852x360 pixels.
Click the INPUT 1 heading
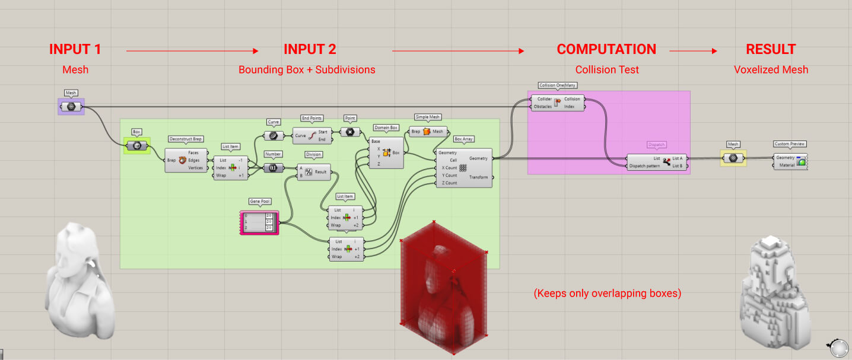(75, 49)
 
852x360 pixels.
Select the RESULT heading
(771, 49)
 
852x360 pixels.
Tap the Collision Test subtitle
(608, 70)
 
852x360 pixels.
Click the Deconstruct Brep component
(186, 160)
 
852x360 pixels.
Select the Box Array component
(465, 168)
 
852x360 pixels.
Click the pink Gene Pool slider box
(259, 222)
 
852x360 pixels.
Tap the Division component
(313, 172)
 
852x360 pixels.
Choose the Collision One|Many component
(558, 103)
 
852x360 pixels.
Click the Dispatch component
(657, 162)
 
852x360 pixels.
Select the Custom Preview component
(790, 161)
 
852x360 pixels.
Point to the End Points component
(313, 136)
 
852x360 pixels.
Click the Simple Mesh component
(427, 132)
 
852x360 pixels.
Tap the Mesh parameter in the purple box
(71, 107)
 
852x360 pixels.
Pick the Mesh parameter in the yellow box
(733, 158)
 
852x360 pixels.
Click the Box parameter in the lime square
(136, 145)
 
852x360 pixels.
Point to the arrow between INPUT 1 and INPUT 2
(192, 51)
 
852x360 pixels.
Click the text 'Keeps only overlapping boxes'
(607, 293)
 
